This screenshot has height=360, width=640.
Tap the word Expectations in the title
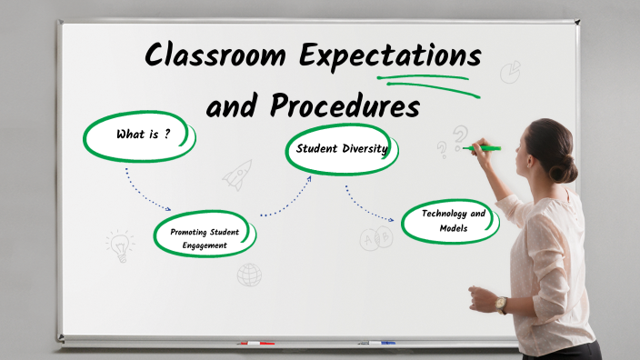tap(394, 56)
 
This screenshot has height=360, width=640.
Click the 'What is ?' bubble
tap(142, 135)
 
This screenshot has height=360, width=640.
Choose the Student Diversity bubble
tap(341, 148)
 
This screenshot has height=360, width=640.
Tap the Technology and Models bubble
tap(452, 221)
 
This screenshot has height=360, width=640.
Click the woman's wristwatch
tap(501, 304)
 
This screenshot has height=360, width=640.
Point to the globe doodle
tap(249, 274)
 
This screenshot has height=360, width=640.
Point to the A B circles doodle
tap(375, 239)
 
